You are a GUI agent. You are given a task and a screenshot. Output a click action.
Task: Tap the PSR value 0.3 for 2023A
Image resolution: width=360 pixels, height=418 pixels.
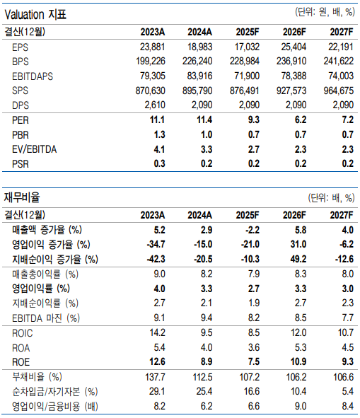pyautogui.click(x=158, y=163)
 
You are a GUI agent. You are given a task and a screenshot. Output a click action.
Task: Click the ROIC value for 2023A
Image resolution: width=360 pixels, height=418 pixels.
pyautogui.click(x=156, y=332)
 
